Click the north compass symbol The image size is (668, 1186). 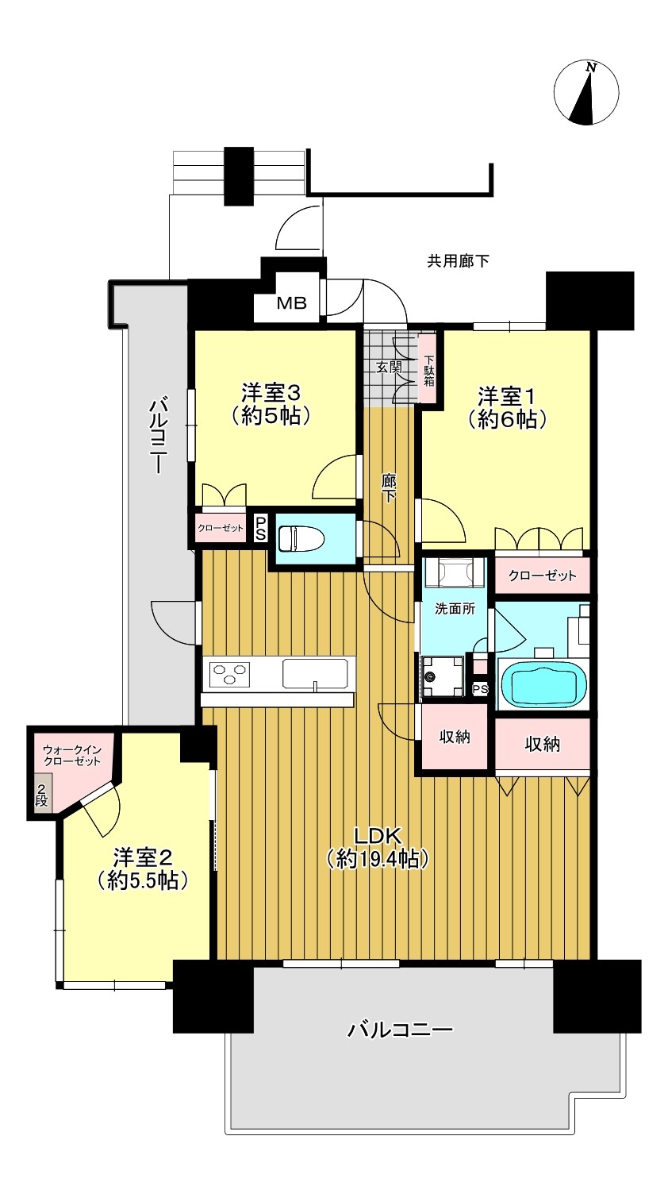coord(585,92)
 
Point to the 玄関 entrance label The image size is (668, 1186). coord(389,367)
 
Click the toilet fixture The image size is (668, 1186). coord(298,538)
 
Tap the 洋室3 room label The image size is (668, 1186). coord(271,405)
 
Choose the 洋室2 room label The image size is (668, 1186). coord(142,868)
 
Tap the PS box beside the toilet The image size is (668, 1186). coord(260,529)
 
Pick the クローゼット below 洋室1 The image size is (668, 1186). coord(542,575)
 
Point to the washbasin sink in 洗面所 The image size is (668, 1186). coord(454,572)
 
